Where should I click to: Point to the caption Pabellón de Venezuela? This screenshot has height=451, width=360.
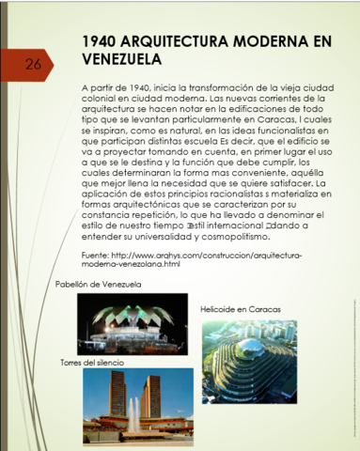pyautogui.click(x=98, y=283)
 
